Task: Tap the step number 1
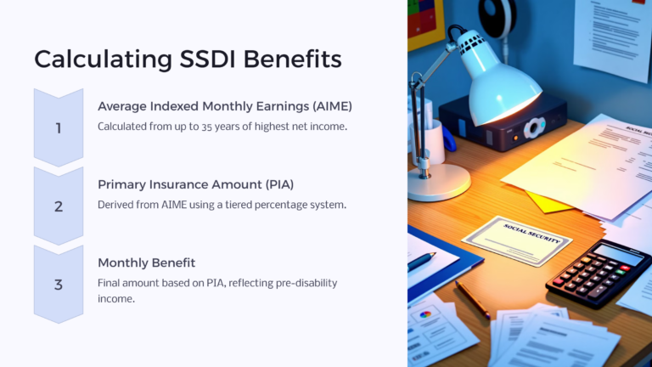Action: pos(59,128)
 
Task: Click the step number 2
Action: pos(59,206)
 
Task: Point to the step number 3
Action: pos(59,285)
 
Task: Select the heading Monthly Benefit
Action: pos(146,263)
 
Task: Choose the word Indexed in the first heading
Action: pos(171,106)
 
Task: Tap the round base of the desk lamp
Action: pos(438,181)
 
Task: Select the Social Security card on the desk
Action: pos(517,240)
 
